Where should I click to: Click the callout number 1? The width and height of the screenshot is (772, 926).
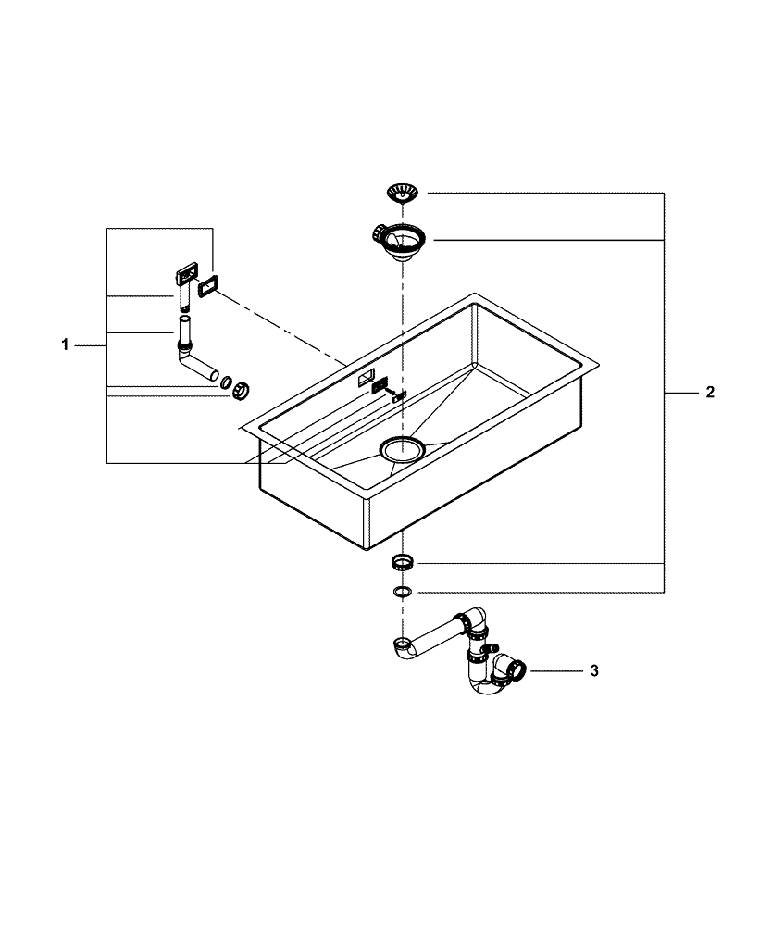[65, 345]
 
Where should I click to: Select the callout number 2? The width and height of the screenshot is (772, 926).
[710, 393]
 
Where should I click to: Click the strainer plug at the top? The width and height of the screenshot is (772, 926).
[403, 193]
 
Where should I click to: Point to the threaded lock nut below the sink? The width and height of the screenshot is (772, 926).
[403, 562]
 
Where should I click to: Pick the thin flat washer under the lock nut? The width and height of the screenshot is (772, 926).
[403, 591]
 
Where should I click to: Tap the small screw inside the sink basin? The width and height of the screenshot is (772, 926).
[398, 395]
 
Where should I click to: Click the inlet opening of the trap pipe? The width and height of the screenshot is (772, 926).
[403, 643]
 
